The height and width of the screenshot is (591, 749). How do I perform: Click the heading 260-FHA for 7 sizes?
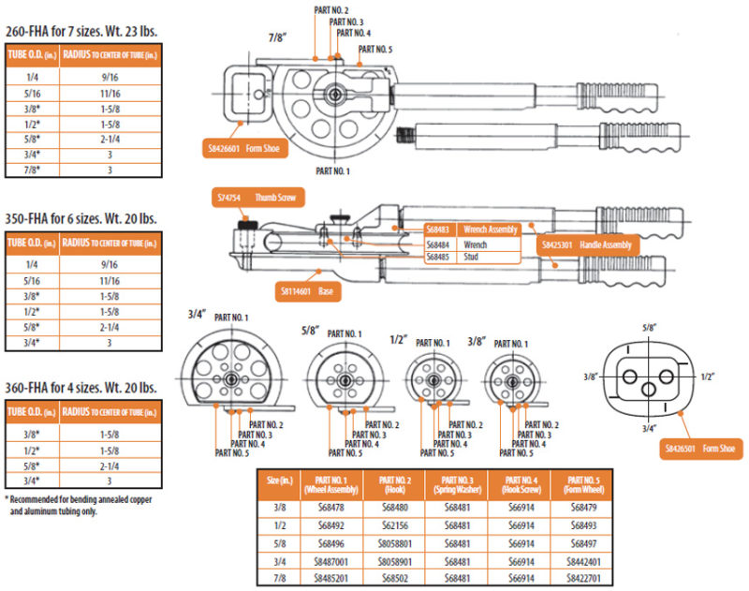81,31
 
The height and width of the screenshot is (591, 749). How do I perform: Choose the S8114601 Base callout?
309,291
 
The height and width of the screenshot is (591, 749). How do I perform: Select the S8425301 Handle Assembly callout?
587,245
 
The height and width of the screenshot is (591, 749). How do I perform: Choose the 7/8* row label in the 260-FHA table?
32,170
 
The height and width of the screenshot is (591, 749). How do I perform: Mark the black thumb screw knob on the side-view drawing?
248,226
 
